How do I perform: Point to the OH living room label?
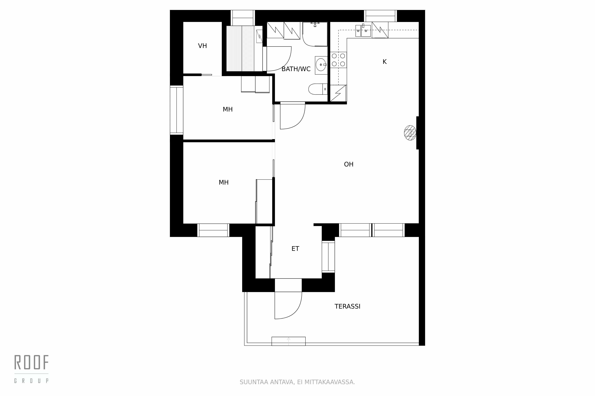point(349,164)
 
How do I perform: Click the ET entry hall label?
point(295,249)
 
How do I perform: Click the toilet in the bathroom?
point(317,89)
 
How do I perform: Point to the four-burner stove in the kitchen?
point(338,60)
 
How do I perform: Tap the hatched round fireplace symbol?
point(410,133)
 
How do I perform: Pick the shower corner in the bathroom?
point(315,34)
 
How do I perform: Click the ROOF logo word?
point(31,362)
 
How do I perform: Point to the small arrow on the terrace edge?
point(288,341)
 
